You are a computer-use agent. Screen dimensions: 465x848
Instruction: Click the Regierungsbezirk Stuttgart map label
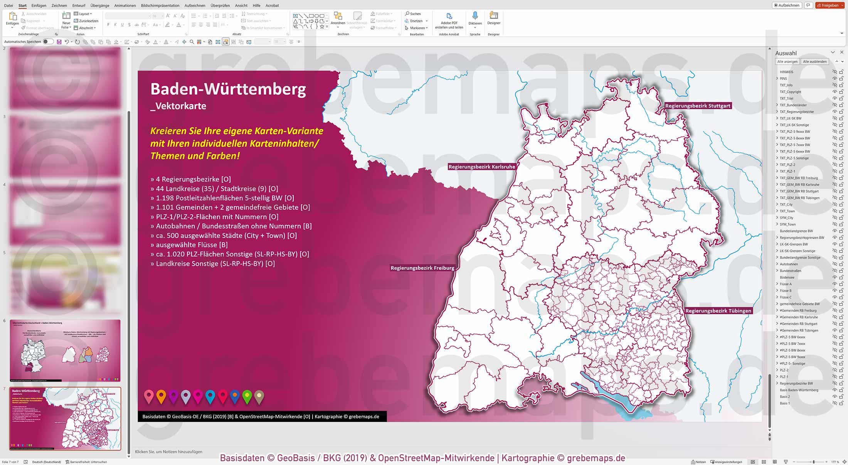698,106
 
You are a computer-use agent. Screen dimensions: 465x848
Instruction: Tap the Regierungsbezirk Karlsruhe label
481,167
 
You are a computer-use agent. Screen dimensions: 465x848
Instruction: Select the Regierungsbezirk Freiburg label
422,268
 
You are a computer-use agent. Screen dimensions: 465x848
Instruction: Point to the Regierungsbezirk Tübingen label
718,311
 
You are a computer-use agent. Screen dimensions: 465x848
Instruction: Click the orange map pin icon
161,396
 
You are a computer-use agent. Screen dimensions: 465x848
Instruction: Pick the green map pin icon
247,396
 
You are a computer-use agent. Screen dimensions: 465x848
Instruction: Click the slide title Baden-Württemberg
228,89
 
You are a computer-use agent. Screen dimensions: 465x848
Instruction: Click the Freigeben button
827,5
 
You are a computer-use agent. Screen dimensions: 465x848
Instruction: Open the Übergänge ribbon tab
100,5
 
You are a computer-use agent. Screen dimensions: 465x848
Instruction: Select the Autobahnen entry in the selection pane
789,264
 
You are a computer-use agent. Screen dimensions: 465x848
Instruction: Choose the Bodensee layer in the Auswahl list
787,277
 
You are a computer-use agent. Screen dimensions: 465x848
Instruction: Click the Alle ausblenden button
815,62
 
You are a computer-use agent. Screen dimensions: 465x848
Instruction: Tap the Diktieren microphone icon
475,16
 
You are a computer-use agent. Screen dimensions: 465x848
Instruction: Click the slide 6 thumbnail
65,350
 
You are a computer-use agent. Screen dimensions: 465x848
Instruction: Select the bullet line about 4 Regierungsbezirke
191,179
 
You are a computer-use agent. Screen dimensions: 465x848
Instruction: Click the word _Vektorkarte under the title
178,106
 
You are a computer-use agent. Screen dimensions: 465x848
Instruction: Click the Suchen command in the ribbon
413,14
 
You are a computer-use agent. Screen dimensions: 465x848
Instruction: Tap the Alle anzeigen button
787,62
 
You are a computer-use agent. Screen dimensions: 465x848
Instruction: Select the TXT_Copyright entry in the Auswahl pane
790,92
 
